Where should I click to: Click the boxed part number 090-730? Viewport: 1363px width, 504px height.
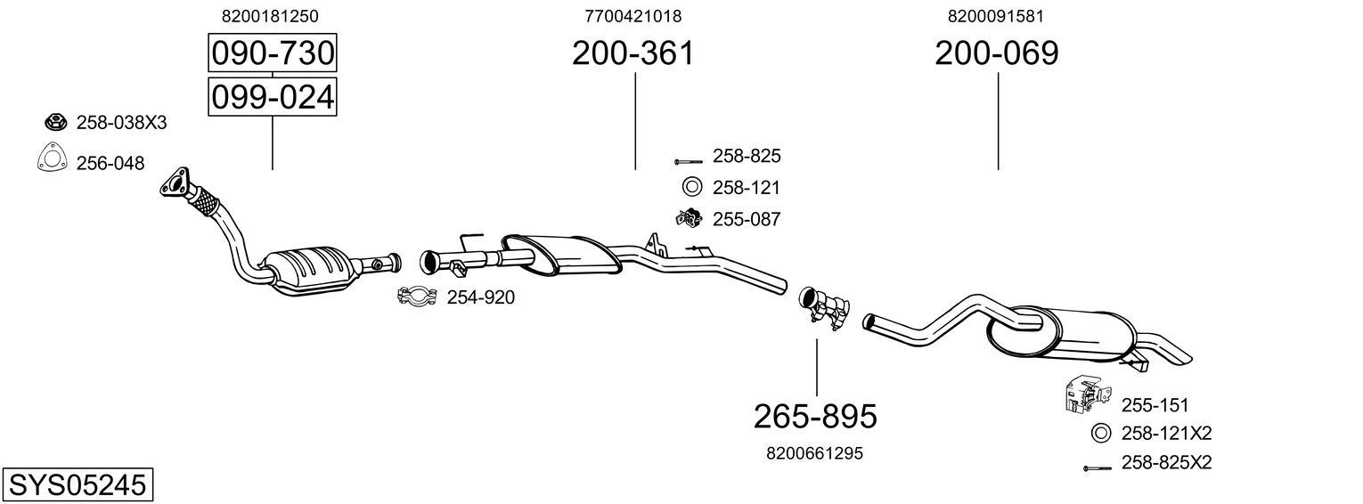tap(272, 53)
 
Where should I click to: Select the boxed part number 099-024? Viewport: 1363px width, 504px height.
tap(272, 96)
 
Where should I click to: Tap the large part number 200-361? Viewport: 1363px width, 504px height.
tap(633, 53)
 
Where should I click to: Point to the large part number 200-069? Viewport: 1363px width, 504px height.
tap(996, 53)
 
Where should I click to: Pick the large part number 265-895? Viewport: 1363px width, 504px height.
tap(815, 416)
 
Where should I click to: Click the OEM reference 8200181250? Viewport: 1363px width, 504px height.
tap(270, 16)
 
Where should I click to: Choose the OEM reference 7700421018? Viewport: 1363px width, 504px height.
tap(633, 16)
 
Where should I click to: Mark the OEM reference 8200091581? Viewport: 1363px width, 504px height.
tap(996, 16)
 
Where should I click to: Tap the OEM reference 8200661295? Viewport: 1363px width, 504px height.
tap(814, 453)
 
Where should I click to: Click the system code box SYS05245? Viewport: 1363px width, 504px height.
tap(77, 485)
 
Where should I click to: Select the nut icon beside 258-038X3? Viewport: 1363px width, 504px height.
tap(54, 121)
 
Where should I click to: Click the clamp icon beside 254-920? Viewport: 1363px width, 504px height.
tap(416, 297)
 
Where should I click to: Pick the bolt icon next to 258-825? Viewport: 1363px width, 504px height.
tap(689, 162)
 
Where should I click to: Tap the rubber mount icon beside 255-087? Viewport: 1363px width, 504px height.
tap(689, 217)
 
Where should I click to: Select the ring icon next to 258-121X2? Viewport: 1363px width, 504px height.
tap(1101, 434)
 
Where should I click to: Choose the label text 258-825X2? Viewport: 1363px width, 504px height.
tap(1166, 463)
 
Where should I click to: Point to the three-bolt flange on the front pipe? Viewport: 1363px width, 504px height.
tap(176, 183)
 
